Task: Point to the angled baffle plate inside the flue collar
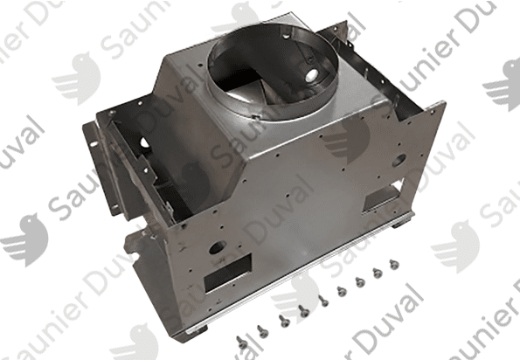coord(252,89)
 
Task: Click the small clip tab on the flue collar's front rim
coord(255,116)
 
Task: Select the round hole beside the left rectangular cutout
coord(218,247)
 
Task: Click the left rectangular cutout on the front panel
coord(227,273)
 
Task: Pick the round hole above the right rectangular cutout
coord(399,160)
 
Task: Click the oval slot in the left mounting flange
coord(94,144)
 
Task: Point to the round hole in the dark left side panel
coord(144,142)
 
